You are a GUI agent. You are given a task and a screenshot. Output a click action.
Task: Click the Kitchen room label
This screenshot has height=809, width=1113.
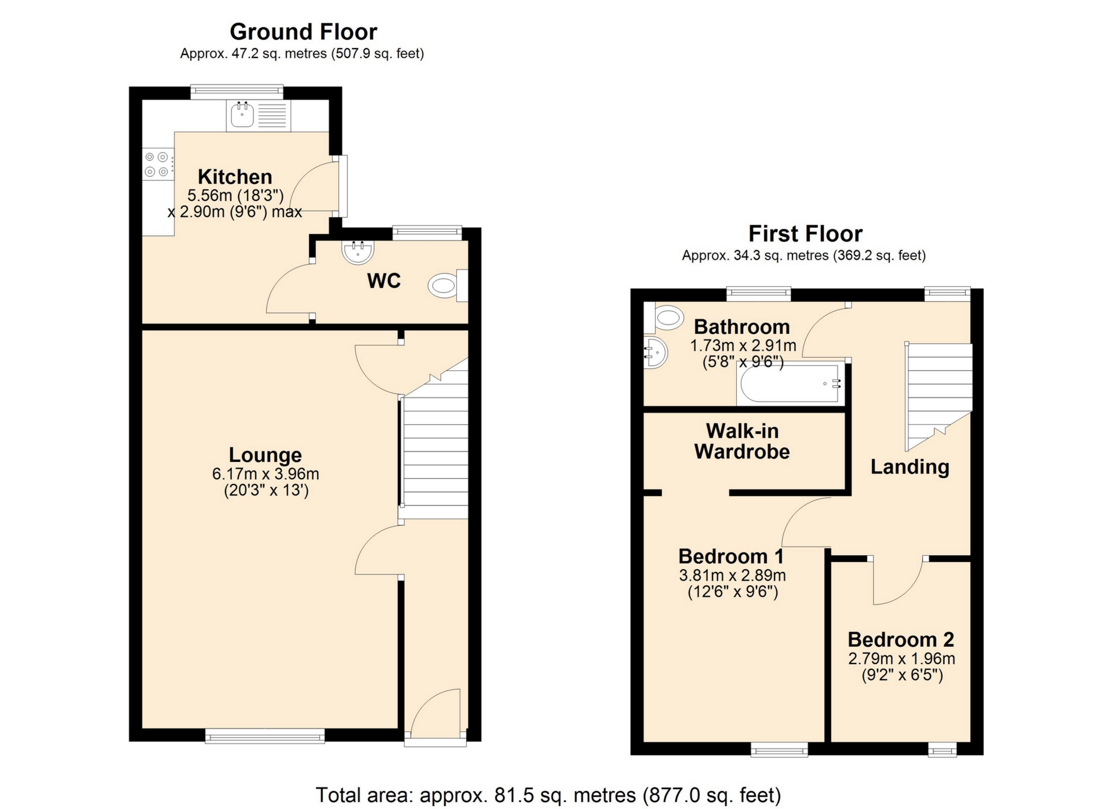pyautogui.click(x=235, y=176)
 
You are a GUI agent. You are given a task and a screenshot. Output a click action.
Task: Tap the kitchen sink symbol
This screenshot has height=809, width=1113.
pyautogui.click(x=242, y=115)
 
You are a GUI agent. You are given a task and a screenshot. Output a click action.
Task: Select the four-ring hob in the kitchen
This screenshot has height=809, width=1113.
pyautogui.click(x=157, y=164)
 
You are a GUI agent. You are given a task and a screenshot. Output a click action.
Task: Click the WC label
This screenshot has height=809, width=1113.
pyautogui.click(x=384, y=281)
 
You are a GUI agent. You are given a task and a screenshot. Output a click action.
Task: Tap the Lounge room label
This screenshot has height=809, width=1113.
pyautogui.click(x=265, y=455)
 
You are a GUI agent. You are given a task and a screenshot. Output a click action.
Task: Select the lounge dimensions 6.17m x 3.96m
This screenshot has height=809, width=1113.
pyautogui.click(x=265, y=474)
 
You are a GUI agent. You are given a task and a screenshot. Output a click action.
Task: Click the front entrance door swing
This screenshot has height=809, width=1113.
pyautogui.click(x=436, y=712)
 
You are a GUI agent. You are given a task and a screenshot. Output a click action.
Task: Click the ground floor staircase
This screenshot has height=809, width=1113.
pyautogui.click(x=435, y=452)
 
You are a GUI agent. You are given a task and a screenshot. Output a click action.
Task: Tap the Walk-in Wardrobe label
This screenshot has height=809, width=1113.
pyautogui.click(x=742, y=441)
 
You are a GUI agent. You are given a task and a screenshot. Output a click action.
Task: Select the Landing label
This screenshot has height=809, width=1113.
pyautogui.click(x=910, y=467)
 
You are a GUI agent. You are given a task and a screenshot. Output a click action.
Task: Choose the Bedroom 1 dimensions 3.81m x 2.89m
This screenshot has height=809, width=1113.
pyautogui.click(x=732, y=575)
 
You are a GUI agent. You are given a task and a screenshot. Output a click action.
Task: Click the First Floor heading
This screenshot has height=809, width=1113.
pyautogui.click(x=805, y=234)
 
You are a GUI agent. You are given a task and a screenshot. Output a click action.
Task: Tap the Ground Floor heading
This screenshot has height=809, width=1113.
pyautogui.click(x=303, y=31)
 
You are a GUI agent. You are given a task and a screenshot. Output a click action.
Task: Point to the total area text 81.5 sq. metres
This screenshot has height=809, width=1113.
pyautogui.click(x=548, y=795)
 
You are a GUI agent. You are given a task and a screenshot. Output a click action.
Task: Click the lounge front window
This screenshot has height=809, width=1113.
pyautogui.click(x=265, y=736)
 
